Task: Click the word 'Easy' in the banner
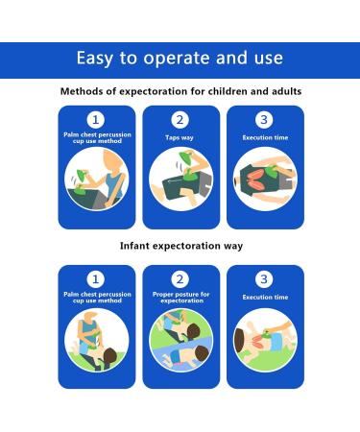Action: click(x=95, y=59)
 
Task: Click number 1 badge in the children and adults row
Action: click(x=95, y=120)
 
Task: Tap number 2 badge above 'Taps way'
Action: click(x=180, y=120)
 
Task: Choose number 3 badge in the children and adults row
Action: click(x=264, y=120)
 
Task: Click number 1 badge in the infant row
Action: click(x=95, y=279)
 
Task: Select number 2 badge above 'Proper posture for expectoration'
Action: click(x=180, y=279)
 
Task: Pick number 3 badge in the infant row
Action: click(x=264, y=279)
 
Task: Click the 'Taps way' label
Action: click(x=180, y=138)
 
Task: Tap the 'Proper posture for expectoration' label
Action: click(x=181, y=298)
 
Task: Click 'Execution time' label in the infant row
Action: click(x=265, y=298)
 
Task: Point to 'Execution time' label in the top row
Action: click(x=265, y=137)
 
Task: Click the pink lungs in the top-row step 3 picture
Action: click(x=255, y=180)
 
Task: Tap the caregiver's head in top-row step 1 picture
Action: click(x=112, y=161)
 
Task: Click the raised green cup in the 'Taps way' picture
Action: click(x=187, y=156)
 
